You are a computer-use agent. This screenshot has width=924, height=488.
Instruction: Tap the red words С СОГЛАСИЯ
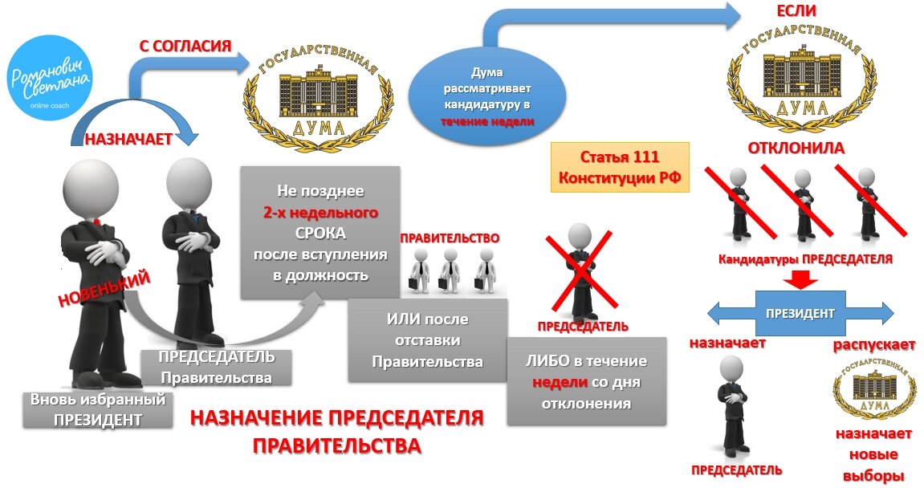[x=185, y=46]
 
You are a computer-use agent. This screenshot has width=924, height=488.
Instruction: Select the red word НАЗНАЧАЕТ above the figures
[x=128, y=139]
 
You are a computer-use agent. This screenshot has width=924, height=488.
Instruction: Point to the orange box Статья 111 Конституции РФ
[x=620, y=166]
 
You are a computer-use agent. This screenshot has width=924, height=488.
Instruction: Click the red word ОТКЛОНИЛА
[x=796, y=148]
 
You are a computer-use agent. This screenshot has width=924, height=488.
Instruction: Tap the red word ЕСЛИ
[x=796, y=11]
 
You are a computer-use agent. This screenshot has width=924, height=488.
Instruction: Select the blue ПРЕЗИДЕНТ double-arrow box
[x=799, y=313]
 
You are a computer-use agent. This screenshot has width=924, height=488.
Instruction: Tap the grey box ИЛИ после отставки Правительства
[x=427, y=340]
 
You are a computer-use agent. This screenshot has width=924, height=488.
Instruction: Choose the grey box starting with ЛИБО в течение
[x=586, y=382]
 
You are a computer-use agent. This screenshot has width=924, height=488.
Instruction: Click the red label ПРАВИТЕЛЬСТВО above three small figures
[x=450, y=238]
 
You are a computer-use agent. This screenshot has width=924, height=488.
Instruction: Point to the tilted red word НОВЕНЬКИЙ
[x=104, y=290]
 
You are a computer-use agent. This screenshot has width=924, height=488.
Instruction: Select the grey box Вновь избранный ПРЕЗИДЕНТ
[x=98, y=409]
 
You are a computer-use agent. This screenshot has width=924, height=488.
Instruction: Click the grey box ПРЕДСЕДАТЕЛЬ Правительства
[x=216, y=367]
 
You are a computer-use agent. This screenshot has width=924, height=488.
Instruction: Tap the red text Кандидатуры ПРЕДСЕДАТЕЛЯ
[x=805, y=260]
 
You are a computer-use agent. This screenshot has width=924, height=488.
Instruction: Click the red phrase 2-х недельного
[x=320, y=213]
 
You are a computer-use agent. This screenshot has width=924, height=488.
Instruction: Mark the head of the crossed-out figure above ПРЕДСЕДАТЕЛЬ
[x=580, y=236]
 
